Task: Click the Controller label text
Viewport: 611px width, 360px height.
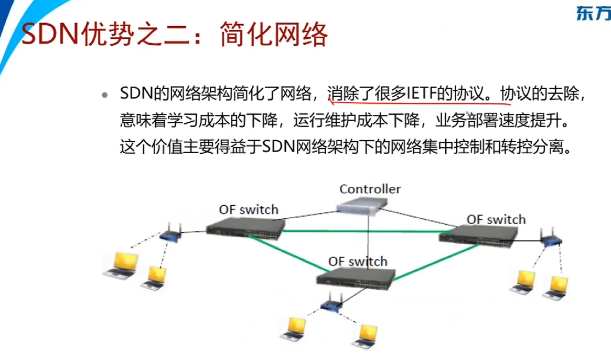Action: pyautogui.click(x=370, y=189)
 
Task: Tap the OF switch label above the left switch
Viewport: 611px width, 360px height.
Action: pyautogui.click(x=248, y=210)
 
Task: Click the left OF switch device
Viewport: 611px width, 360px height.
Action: pyautogui.click(x=245, y=227)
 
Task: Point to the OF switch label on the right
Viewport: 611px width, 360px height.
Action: pyautogui.click(x=496, y=219)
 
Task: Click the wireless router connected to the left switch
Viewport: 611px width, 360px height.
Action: pyautogui.click(x=171, y=235)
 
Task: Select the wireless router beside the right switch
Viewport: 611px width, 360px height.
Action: pyautogui.click(x=551, y=239)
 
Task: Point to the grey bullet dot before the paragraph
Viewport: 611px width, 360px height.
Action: pyautogui.click(x=105, y=96)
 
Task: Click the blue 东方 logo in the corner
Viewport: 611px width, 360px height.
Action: pyautogui.click(x=593, y=14)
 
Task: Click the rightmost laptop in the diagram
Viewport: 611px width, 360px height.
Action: pyautogui.click(x=555, y=287)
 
